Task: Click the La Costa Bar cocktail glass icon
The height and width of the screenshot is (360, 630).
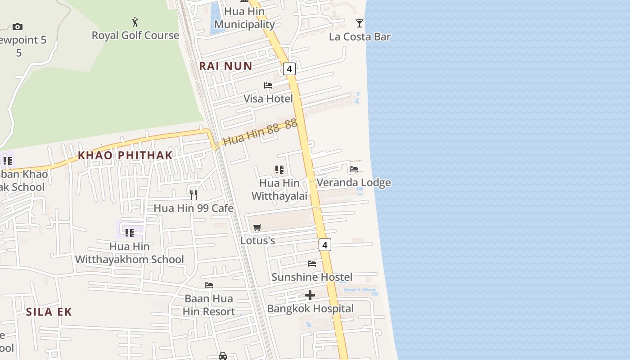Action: tap(359, 23)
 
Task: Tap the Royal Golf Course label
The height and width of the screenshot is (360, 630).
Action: tap(135, 36)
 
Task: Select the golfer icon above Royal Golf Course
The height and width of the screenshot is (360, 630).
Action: tap(135, 22)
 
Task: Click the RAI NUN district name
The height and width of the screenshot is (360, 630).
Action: tap(225, 66)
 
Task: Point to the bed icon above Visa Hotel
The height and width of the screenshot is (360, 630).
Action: tap(268, 85)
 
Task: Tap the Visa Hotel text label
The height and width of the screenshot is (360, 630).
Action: tap(268, 99)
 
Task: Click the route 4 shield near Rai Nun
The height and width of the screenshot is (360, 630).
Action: tap(289, 68)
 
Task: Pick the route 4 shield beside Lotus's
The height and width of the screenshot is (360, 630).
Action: tap(325, 245)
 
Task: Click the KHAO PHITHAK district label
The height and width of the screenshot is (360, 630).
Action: tap(125, 155)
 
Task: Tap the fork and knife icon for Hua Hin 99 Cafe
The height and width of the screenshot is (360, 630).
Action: tap(193, 194)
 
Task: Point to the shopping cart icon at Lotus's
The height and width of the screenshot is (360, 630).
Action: tap(257, 227)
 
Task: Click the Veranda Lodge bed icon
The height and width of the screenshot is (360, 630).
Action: tap(354, 169)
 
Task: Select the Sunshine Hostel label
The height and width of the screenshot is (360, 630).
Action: tap(312, 277)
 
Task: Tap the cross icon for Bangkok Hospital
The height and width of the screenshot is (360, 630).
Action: tap(310, 295)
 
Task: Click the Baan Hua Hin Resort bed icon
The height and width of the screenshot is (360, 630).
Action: tap(209, 285)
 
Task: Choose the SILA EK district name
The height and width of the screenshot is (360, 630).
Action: tap(49, 312)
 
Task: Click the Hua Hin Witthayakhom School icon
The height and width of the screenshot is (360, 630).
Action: tap(130, 233)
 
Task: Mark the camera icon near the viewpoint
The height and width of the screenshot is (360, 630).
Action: tap(18, 27)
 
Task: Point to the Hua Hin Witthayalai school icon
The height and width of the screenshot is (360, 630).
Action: tap(279, 169)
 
